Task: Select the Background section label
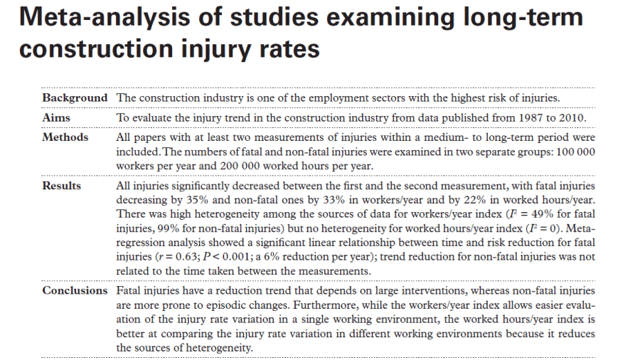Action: point(75,97)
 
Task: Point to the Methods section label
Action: point(65,137)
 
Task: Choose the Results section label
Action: point(62,186)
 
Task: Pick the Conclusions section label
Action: point(75,290)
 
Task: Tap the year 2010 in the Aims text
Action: point(569,117)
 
